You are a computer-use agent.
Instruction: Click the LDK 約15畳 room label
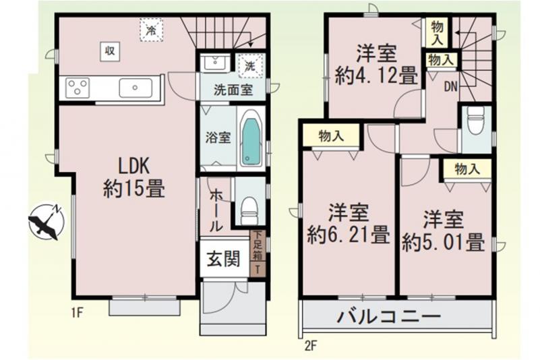[x=134, y=178]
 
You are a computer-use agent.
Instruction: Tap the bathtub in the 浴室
[x=251, y=138]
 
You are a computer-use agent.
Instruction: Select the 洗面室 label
[x=233, y=90]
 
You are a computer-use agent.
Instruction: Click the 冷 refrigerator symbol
[x=151, y=30]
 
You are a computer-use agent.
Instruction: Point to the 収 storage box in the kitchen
[x=110, y=51]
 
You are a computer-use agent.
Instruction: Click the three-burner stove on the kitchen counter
[x=78, y=88]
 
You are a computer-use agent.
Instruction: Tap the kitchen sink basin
[x=136, y=88]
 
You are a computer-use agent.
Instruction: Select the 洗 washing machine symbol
[x=250, y=66]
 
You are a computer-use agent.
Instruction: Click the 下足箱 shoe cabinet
[x=258, y=253]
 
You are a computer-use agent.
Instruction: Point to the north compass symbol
[x=46, y=222]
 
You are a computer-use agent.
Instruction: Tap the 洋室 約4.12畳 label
[x=376, y=65]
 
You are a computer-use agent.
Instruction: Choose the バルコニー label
[x=389, y=316]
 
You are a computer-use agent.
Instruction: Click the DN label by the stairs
[x=450, y=87]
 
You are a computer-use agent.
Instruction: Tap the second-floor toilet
[x=475, y=119]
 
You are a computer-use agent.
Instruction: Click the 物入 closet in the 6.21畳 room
[x=331, y=136]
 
